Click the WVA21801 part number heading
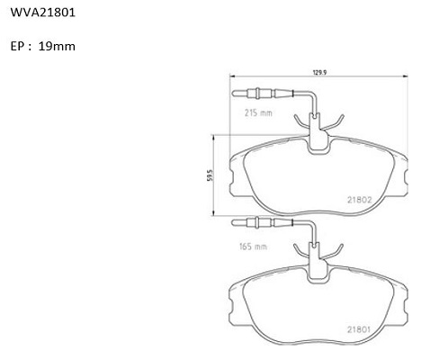pyautogui.click(x=43, y=13)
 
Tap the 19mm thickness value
pyautogui.click(x=57, y=46)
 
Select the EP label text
pyautogui.click(x=18, y=47)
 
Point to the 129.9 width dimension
pyautogui.click(x=319, y=73)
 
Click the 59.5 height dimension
pyautogui.click(x=210, y=175)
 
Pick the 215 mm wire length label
pyautogui.click(x=258, y=113)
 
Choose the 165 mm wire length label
pyautogui.click(x=253, y=247)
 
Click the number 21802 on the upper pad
pyautogui.click(x=360, y=200)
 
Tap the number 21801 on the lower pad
pyautogui.click(x=359, y=329)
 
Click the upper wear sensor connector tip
pyautogui.click(x=235, y=94)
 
